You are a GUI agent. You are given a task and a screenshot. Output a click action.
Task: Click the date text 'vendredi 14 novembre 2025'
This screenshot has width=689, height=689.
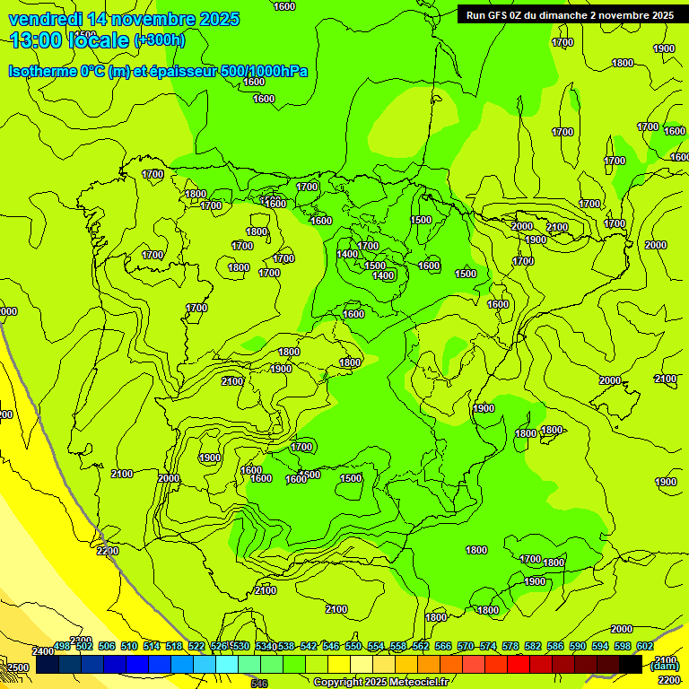point(124,19)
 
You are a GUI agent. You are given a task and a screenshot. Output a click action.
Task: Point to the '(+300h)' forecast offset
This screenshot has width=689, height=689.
point(159,40)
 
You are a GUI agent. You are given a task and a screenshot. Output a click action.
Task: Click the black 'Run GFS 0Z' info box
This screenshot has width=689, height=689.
point(569,15)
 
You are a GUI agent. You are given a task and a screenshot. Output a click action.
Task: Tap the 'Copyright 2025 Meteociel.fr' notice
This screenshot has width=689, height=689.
point(380,683)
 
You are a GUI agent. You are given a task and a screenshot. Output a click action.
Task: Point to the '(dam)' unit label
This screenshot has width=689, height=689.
point(664,665)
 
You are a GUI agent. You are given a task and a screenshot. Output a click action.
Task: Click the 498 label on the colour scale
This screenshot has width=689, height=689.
point(62,646)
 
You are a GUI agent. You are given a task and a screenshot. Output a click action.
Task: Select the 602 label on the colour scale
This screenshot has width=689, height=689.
point(645,646)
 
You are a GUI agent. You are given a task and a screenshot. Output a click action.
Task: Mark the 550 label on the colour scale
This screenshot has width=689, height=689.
point(353,646)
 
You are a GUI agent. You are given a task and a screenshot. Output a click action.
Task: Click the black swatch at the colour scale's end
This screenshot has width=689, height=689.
point(631,665)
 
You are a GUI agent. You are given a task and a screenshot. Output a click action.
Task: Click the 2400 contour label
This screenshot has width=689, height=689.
point(42,651)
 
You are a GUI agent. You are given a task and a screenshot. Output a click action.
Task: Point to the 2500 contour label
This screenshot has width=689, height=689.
point(18,667)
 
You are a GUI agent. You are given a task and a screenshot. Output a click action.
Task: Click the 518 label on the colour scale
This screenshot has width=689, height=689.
point(174,646)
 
